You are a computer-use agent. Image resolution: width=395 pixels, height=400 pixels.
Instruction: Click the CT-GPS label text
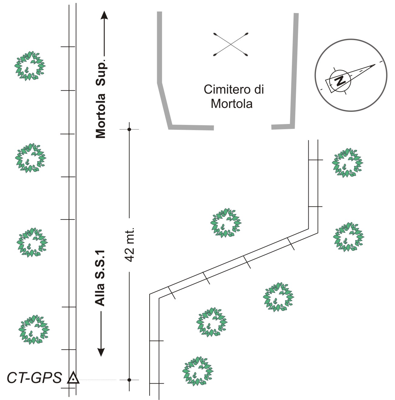[x=34, y=378]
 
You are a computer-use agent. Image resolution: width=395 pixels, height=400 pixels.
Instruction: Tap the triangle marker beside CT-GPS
[x=73, y=378]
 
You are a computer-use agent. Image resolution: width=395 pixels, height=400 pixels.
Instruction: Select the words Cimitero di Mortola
[x=233, y=97]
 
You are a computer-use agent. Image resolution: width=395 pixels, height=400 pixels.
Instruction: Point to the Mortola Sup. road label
[x=101, y=99]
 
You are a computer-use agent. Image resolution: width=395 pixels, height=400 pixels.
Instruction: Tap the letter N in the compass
[x=340, y=80]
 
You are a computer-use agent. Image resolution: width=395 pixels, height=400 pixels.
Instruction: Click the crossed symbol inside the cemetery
[x=231, y=44]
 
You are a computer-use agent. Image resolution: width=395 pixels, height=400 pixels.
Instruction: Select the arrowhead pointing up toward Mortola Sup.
[x=104, y=15]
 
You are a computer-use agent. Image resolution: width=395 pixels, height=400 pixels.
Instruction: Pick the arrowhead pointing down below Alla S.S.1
[x=101, y=352]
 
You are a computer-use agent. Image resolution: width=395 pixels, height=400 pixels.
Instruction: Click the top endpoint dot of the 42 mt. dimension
[x=129, y=129]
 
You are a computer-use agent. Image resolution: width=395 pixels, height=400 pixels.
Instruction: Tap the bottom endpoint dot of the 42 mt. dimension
[x=129, y=380]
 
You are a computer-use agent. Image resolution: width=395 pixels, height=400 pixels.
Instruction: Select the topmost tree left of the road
[x=30, y=66]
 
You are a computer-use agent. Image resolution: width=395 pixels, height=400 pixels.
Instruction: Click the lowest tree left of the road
[x=34, y=329]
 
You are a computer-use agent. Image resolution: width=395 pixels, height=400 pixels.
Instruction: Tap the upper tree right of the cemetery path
[x=347, y=163]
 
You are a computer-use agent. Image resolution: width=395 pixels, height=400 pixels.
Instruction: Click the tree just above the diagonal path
[x=226, y=223]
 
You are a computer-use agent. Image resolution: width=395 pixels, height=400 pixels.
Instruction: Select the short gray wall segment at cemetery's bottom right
[x=283, y=126]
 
